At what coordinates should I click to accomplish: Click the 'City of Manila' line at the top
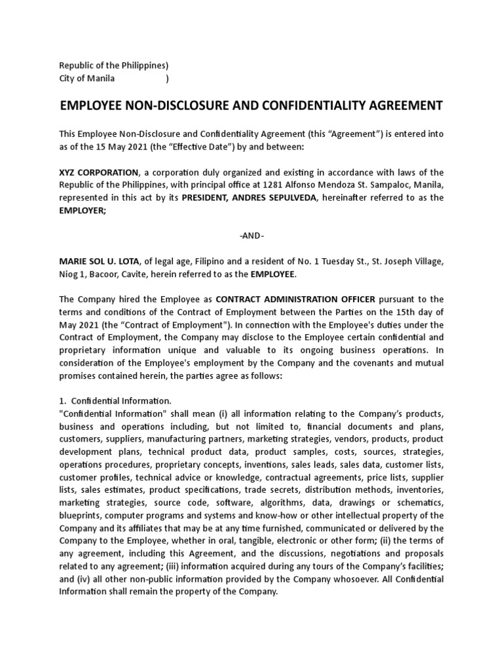tap(87, 79)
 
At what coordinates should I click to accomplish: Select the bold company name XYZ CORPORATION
tap(99, 172)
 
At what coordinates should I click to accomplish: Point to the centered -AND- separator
tap(251, 236)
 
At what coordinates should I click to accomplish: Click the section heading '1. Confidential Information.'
tap(115, 400)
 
